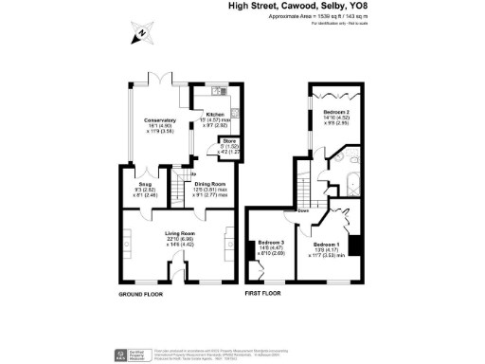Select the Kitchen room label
click(x=214, y=115)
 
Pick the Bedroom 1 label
click(x=327, y=244)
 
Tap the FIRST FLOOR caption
click(x=265, y=295)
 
